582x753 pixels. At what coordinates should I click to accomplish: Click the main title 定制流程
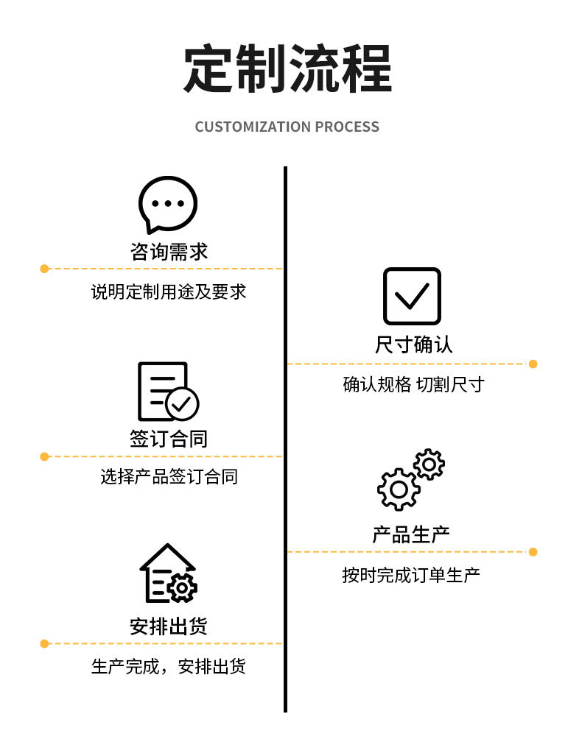point(287,69)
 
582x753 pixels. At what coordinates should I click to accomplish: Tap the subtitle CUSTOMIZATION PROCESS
point(287,127)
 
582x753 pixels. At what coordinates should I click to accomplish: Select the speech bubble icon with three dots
point(168,204)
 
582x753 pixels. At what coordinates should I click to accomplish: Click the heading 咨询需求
point(169,252)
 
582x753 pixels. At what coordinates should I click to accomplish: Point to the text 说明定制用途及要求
point(169,291)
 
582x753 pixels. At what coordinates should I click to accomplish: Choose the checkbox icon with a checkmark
point(412,296)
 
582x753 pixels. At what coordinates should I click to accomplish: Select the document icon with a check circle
point(167,392)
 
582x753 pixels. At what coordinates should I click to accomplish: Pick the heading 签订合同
point(169,439)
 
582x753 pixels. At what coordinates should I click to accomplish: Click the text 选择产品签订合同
point(169,476)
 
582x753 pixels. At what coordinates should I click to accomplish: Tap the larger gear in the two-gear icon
point(399,489)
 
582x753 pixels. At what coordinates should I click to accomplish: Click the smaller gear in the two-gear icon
point(429,464)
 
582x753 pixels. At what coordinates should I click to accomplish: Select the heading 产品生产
point(411,534)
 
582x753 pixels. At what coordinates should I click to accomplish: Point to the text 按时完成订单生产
point(411,574)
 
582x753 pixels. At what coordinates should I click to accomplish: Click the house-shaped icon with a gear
point(168,574)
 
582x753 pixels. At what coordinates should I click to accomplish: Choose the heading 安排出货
point(169,626)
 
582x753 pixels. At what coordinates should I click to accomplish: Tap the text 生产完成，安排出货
point(169,666)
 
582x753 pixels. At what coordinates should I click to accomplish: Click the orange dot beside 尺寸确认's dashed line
point(533,364)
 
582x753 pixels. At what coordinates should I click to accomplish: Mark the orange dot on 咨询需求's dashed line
point(44,269)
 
